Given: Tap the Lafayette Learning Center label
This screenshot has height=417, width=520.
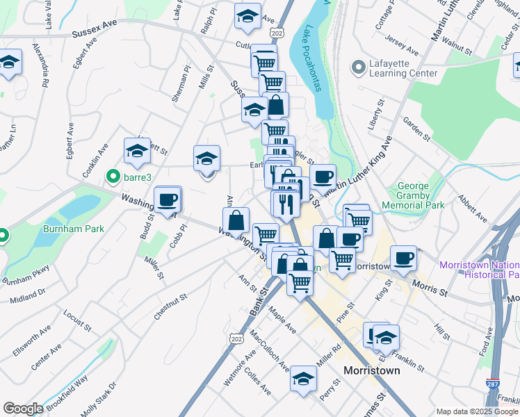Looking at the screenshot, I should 402,67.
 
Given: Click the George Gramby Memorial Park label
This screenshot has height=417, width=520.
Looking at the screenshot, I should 420,196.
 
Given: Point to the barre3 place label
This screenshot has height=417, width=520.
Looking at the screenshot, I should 138,177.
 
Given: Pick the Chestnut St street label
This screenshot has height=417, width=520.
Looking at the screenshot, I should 171,306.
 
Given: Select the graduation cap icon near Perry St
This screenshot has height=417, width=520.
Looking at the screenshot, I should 303,379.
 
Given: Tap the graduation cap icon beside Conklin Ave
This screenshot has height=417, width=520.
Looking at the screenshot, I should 138,151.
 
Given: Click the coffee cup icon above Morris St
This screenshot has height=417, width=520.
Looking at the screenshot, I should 403,259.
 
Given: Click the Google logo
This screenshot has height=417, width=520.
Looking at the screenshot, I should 23,409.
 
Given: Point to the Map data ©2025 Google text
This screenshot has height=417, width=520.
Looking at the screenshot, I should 477,411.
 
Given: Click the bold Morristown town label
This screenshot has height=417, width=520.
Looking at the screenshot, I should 373,370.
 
